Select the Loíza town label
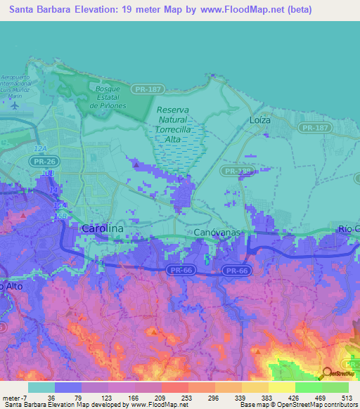point(260,120)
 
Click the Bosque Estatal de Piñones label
point(108,97)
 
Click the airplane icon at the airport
point(16,105)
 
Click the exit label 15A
point(62,204)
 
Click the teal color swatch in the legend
point(41,387)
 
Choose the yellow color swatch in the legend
point(281,387)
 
